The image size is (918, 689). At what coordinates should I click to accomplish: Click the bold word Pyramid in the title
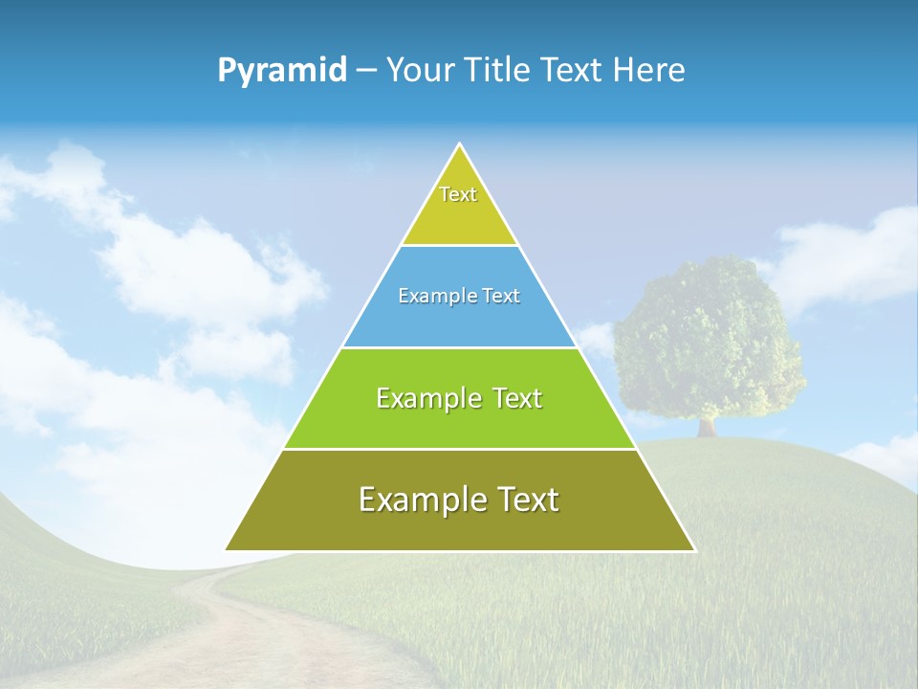[x=282, y=71]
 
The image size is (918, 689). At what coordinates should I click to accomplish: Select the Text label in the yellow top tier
[x=458, y=194]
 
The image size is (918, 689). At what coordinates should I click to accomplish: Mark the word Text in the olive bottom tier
[x=527, y=500]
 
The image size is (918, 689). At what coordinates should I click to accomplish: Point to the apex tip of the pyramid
[x=460, y=145]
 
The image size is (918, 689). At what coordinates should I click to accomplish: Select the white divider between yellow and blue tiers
[x=460, y=246]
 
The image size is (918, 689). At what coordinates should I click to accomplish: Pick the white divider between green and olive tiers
[x=460, y=449]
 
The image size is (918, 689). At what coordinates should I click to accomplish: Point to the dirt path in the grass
[x=239, y=632]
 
